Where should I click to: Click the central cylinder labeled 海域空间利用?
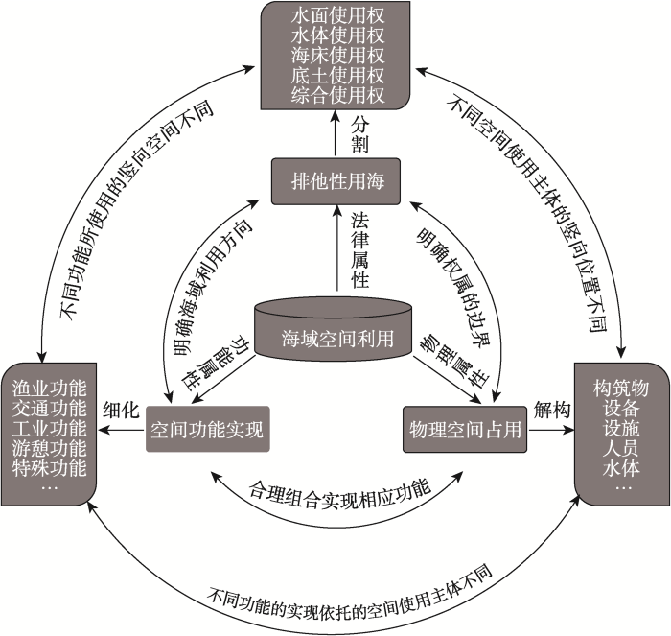point(334,330)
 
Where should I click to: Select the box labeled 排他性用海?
point(335,181)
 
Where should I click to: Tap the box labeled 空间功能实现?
point(208,429)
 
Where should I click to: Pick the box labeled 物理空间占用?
point(465,429)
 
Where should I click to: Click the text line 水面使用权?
point(337,16)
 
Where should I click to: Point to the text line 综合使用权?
point(337,95)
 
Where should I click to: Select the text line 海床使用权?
point(337,56)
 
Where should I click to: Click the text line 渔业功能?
point(49,389)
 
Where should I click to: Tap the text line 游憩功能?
point(49,448)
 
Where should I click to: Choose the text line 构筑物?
point(621,389)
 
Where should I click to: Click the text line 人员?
point(621,448)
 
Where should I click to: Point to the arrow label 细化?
point(122,411)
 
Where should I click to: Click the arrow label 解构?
point(552,410)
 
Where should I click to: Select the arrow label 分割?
point(359,135)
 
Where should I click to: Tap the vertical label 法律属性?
point(359,250)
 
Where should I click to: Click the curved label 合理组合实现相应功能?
point(340,496)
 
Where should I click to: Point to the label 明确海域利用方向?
point(213,288)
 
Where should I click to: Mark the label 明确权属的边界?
point(453,287)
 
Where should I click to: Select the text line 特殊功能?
point(49,468)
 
